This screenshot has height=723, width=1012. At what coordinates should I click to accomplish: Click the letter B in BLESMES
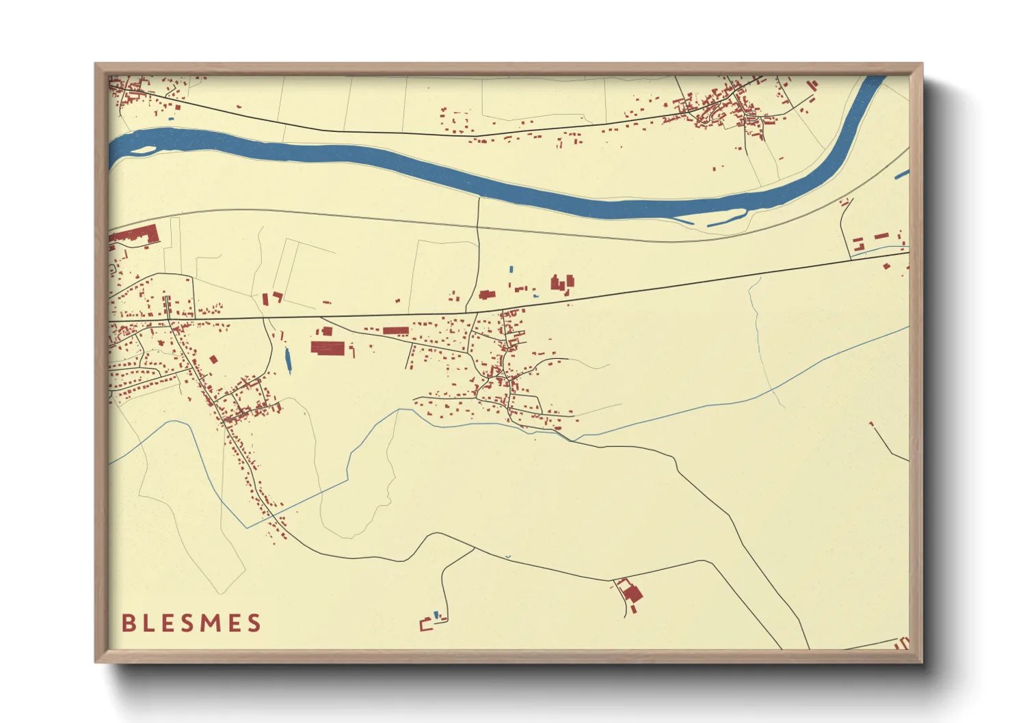click(128, 623)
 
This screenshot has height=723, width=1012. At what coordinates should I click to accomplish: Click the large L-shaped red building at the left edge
click(137, 235)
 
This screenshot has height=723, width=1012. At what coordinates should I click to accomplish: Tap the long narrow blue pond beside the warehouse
click(287, 360)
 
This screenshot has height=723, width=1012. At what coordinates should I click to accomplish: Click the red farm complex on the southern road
click(631, 592)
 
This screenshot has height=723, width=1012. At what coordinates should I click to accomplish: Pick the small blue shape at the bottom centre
click(436, 615)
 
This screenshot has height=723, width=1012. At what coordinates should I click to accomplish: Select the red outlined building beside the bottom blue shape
click(426, 624)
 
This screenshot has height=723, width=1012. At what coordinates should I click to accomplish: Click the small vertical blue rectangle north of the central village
click(511, 269)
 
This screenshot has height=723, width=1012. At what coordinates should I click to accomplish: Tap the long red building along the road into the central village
click(395, 331)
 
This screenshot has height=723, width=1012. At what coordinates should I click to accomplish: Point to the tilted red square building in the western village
click(213, 359)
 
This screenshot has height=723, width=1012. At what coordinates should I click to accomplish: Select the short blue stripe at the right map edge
click(901, 175)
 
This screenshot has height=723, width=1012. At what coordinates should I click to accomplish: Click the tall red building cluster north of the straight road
click(562, 282)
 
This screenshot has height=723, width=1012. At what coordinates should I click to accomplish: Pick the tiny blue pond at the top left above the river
click(171, 119)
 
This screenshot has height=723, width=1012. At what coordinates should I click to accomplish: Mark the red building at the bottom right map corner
click(902, 643)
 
